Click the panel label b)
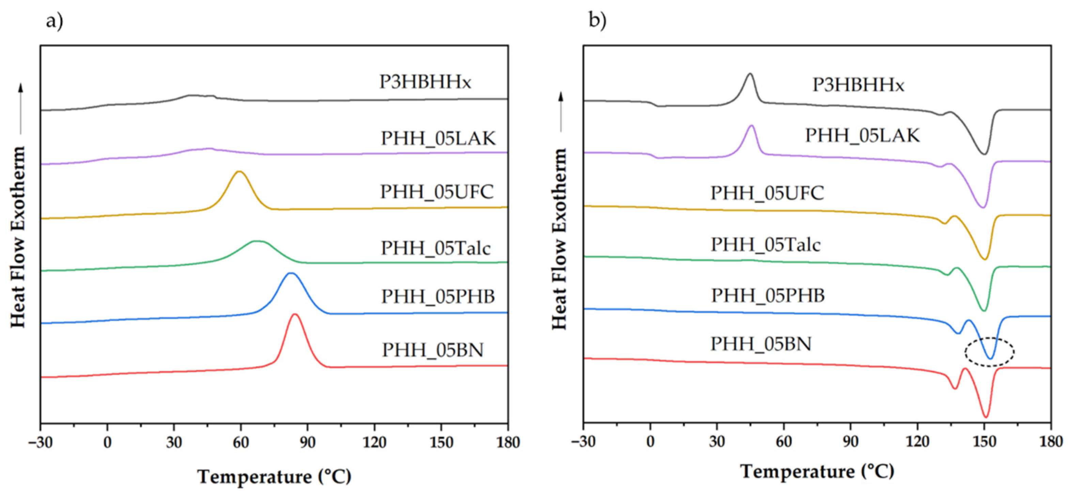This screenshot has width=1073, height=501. click(x=597, y=20)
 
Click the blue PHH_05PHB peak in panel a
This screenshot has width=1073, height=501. click(x=291, y=274)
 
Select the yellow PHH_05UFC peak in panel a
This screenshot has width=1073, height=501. click(x=239, y=172)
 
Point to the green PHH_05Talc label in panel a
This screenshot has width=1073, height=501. click(x=436, y=248)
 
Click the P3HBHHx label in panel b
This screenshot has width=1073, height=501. click(x=858, y=85)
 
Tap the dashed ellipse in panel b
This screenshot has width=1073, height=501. click(x=990, y=352)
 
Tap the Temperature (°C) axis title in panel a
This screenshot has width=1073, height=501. click(x=274, y=477)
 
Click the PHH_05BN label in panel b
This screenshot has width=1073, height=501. click(x=761, y=344)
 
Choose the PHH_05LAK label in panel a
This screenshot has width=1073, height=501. click(x=438, y=138)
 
